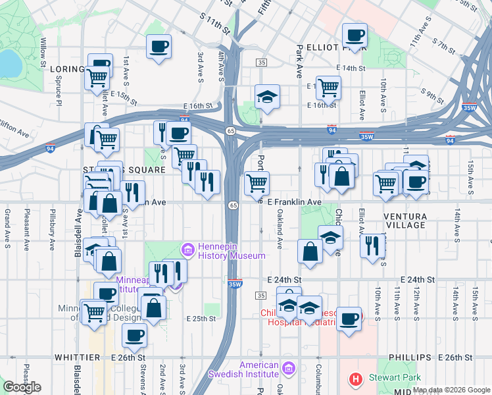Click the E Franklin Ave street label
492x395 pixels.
pyautogui.click(x=294, y=202)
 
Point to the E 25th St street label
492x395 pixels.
pyautogui.click(x=201, y=319)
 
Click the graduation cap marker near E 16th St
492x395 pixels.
pyautogui.click(x=267, y=97)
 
